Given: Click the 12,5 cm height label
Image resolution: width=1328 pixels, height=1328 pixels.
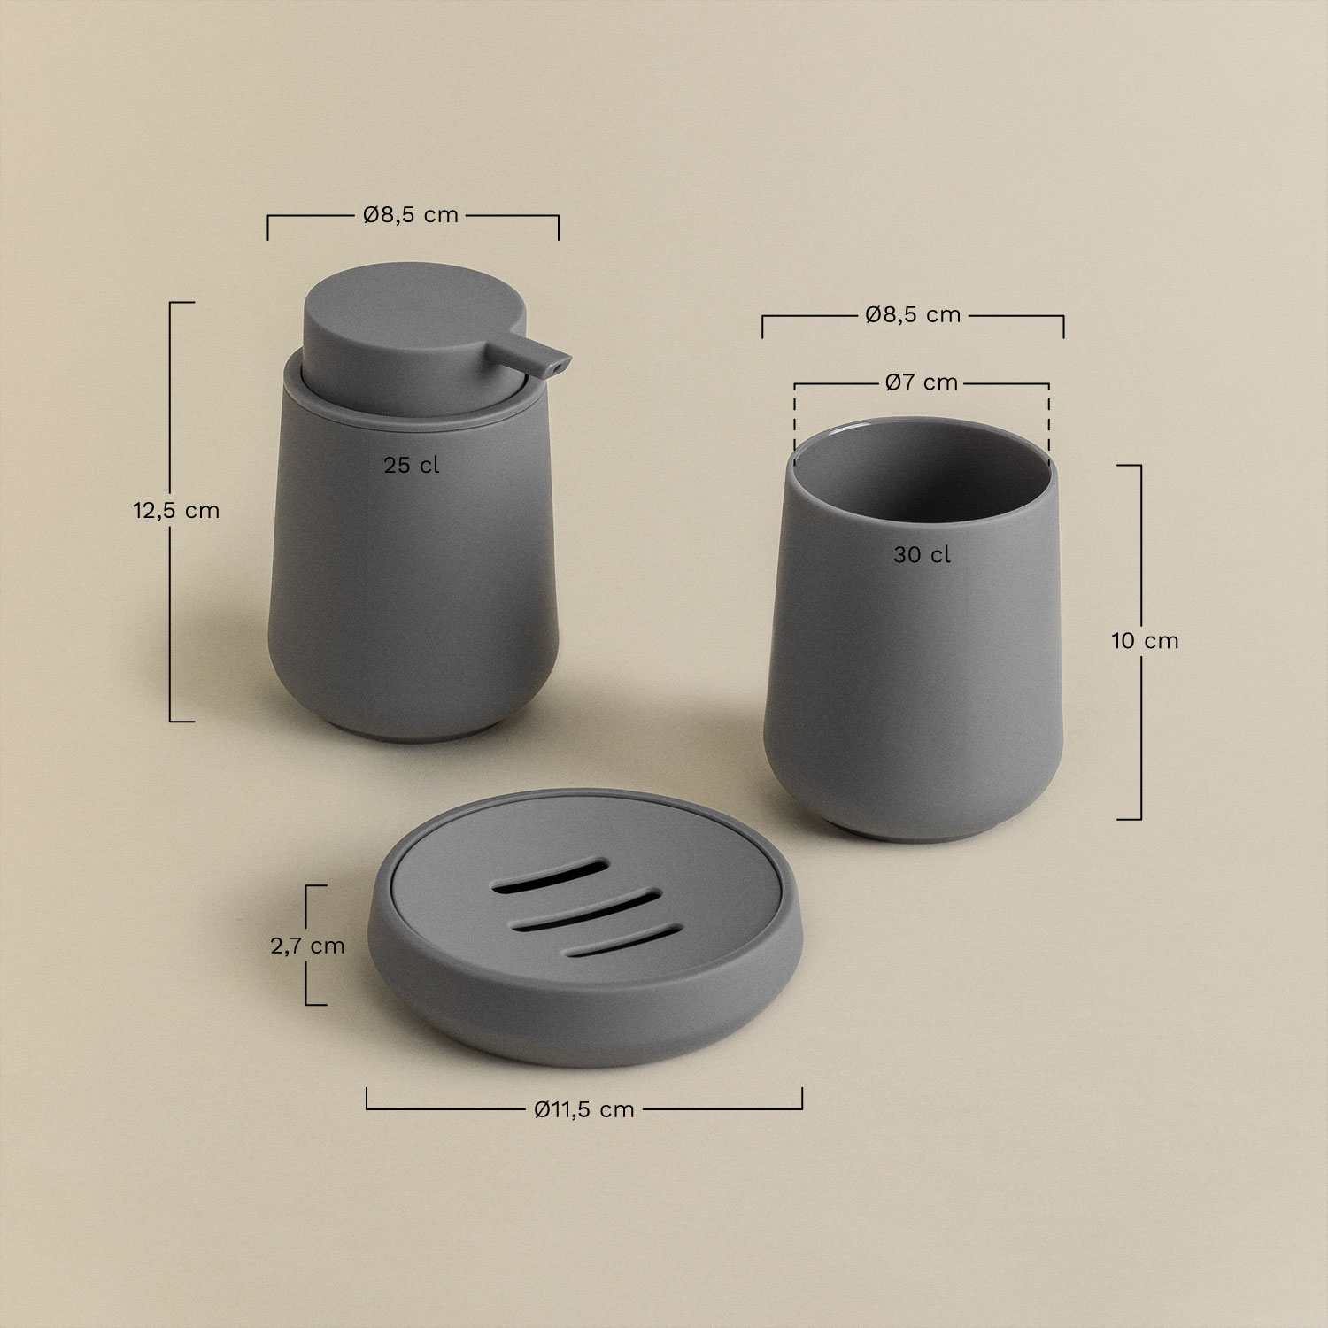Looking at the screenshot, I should point(176,511).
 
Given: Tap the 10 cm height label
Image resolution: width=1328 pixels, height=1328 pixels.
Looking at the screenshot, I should point(1145,641).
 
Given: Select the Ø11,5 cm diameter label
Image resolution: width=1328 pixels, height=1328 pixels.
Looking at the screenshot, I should point(584,1109).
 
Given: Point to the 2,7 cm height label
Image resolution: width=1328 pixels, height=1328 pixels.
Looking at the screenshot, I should point(307,946).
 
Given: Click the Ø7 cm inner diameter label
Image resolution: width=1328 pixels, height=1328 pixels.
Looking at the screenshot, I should point(921,382).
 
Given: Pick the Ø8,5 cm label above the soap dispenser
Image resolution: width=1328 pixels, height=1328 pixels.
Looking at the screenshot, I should point(411,215).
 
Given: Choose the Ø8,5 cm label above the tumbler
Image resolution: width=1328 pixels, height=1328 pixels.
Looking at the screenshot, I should point(913,314).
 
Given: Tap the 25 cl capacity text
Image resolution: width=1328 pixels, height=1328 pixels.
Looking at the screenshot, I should point(412,466).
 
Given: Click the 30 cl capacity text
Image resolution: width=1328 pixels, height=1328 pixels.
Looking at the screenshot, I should point(922,555).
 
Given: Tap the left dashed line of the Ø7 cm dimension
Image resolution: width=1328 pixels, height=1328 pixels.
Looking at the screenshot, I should point(795,421).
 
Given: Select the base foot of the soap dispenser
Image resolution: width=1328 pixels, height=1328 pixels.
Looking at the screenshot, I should point(411,734).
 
